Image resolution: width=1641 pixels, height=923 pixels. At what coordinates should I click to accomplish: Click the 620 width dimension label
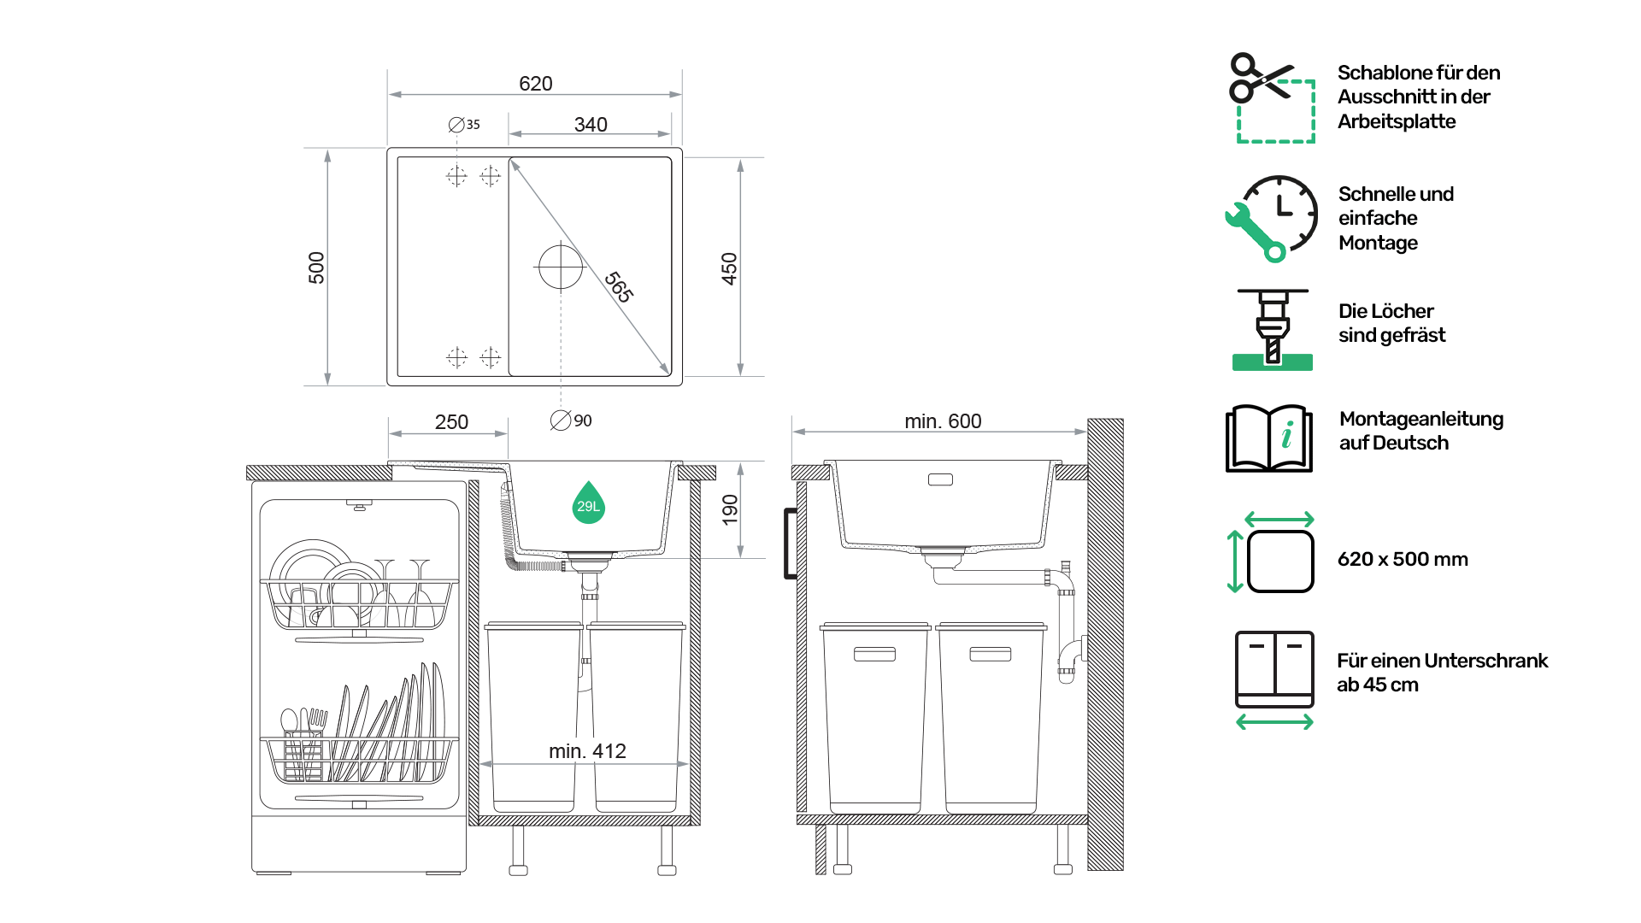click(x=535, y=84)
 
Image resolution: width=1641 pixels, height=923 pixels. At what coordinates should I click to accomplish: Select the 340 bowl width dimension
click(x=591, y=125)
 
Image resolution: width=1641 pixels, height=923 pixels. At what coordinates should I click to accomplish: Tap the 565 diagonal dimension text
click(x=619, y=287)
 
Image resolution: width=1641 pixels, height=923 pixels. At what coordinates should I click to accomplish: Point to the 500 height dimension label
click(x=316, y=267)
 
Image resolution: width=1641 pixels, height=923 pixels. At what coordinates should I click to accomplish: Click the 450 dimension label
click(x=729, y=268)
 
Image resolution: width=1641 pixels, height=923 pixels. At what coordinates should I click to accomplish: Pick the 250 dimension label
click(x=451, y=422)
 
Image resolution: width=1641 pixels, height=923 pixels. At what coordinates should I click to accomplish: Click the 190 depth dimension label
click(x=729, y=509)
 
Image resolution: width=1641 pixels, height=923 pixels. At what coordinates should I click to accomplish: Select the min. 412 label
click(x=587, y=751)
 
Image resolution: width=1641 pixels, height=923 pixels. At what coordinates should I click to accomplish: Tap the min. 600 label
click(x=943, y=421)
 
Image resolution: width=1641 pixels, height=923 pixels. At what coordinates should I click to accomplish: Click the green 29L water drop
click(x=588, y=503)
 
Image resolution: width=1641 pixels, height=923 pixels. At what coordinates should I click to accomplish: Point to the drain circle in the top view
click(x=561, y=267)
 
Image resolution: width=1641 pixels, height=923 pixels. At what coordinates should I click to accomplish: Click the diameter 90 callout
click(x=571, y=420)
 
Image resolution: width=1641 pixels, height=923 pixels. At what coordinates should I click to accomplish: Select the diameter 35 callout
click(x=464, y=125)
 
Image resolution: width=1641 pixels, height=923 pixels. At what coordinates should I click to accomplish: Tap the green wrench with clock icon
click(x=1271, y=219)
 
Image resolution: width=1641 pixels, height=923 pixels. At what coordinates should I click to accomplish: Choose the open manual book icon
click(x=1269, y=438)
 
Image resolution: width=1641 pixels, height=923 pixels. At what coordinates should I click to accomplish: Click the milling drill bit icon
click(x=1273, y=330)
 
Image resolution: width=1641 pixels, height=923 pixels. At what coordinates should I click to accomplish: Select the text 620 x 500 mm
click(x=1403, y=559)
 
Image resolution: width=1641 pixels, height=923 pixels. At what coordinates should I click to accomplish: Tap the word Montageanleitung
click(x=1421, y=420)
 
